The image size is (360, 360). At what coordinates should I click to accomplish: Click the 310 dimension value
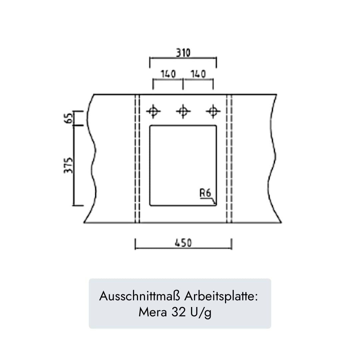point(183,53)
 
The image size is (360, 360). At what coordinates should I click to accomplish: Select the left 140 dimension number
point(168,74)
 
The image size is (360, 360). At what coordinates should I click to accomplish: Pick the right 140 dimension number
point(198,74)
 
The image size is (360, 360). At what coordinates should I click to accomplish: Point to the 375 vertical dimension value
point(68,165)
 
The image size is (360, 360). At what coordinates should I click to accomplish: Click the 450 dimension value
point(183,243)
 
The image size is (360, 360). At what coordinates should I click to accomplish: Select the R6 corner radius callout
point(205,193)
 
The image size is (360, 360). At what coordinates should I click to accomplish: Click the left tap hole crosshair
point(153,111)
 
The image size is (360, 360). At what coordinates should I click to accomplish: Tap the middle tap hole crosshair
point(183,111)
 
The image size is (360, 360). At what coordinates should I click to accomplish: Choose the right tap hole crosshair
point(213,111)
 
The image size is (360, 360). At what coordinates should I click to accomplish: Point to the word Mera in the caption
point(153,312)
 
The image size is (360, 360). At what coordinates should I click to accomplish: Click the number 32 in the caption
point(179,312)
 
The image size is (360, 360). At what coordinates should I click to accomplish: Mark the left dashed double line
point(137,158)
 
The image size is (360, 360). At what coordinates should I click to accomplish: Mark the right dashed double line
point(229,158)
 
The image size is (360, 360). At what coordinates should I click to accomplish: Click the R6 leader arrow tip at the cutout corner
point(215,204)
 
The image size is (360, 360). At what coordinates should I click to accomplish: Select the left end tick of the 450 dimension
point(135,244)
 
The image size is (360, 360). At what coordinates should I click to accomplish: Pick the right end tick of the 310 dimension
point(216,62)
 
